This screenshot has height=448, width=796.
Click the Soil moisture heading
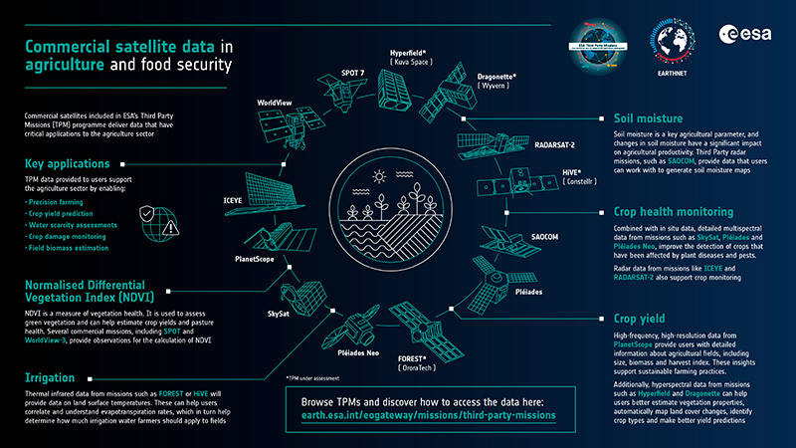641,116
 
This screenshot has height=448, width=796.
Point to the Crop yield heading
633,320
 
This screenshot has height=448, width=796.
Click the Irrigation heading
52,378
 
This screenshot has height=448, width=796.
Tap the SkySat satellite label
279,312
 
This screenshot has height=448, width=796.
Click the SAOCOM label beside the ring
545,237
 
